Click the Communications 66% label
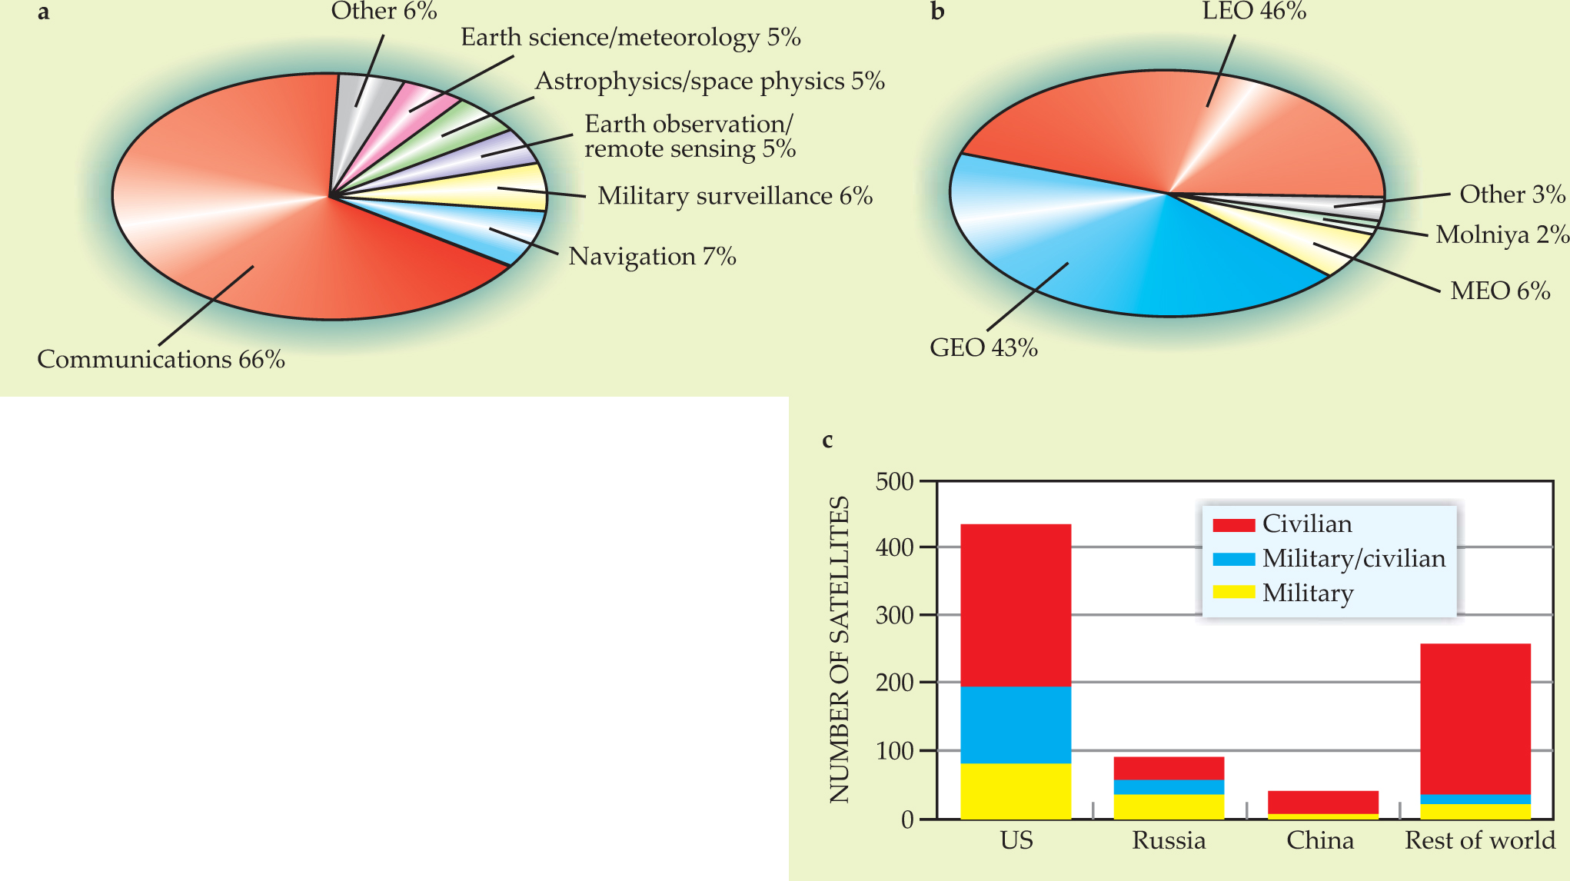(161, 359)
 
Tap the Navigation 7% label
(652, 256)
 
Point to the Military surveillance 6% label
(735, 196)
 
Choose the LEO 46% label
(1254, 11)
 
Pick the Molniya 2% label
(1502, 234)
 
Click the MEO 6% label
(1499, 291)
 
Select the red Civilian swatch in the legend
(1233, 525)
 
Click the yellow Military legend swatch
(1233, 592)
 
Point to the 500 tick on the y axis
(894, 482)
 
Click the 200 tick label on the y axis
(894, 683)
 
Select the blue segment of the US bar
(1016, 724)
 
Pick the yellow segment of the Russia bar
(1169, 806)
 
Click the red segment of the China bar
(1322, 802)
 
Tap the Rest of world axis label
(1479, 840)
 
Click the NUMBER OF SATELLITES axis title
(840, 650)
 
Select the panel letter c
(827, 440)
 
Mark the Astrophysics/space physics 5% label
(710, 81)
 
